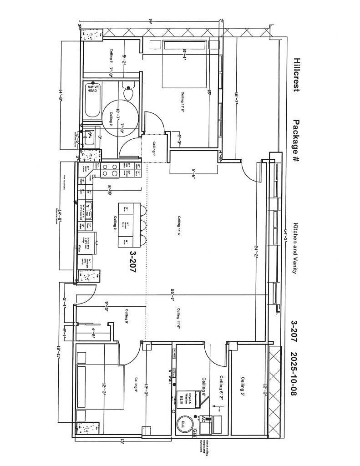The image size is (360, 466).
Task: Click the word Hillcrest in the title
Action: pos(296,75)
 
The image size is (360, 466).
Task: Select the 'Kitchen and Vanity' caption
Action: pos(295,248)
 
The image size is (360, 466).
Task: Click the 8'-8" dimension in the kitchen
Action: pos(109,190)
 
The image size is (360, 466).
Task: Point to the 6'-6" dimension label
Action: pos(193,174)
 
